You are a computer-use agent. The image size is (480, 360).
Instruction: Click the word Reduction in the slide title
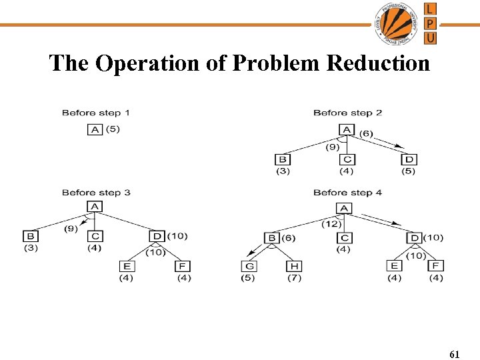378,63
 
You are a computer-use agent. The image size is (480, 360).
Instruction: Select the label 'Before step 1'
96,113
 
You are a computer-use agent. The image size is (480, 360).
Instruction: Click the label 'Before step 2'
347,113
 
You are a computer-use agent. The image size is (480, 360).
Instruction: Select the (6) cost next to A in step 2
366,133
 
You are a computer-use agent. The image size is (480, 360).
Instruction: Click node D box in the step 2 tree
409,159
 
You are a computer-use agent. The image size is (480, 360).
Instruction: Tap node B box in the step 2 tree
282,159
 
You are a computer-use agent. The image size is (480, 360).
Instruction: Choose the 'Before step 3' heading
96,193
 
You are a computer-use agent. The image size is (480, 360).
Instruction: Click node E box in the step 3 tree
126,267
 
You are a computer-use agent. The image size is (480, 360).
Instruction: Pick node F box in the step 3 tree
183,267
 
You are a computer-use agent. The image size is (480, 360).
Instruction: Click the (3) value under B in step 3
31,248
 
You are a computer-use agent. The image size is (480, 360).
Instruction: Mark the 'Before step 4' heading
347,193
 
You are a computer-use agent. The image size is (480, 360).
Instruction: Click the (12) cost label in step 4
331,223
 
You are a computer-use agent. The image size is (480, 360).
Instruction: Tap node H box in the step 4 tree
294,267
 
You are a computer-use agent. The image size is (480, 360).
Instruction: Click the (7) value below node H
294,277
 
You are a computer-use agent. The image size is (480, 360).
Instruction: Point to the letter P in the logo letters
431,23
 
